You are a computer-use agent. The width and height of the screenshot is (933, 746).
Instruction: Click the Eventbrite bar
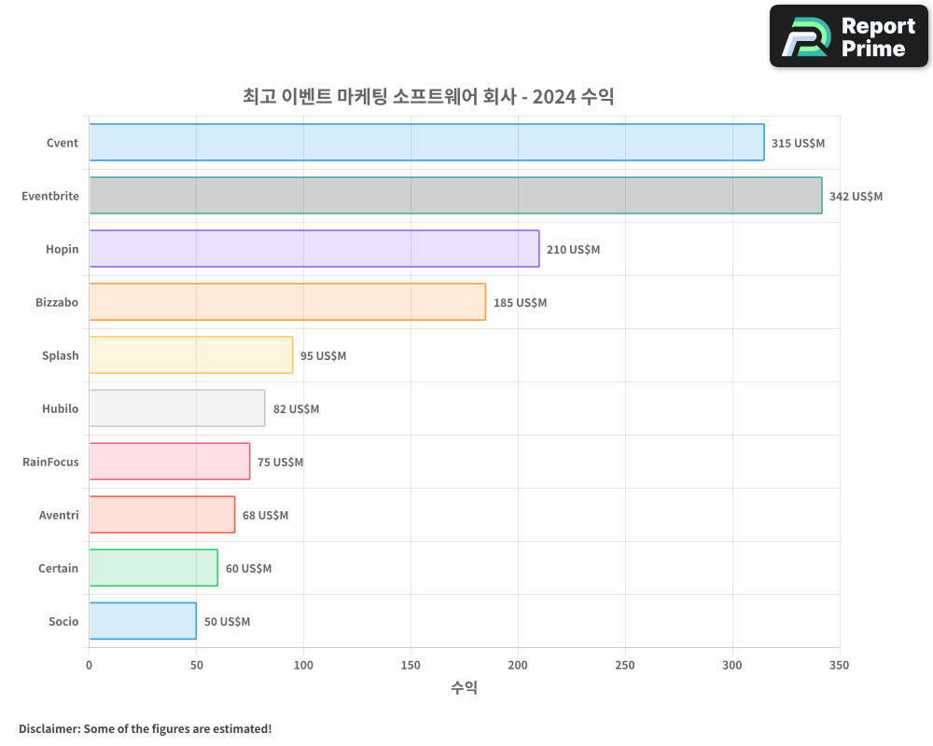(455, 196)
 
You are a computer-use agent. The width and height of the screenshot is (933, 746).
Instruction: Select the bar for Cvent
(426, 143)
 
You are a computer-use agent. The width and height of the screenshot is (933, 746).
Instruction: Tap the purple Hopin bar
(313, 249)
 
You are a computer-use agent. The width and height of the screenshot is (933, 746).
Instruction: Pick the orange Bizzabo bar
(287, 302)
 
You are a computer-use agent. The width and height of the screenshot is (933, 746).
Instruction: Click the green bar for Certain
(153, 568)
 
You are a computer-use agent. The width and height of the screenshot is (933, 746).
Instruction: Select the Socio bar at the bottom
(143, 621)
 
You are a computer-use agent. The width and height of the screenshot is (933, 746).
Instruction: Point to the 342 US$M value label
(856, 197)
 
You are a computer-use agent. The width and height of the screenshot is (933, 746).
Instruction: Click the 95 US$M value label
(323, 356)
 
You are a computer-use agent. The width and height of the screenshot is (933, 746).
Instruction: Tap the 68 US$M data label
(265, 516)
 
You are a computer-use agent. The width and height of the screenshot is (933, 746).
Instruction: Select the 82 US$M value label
(296, 409)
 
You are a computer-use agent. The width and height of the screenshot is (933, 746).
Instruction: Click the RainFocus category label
(50, 462)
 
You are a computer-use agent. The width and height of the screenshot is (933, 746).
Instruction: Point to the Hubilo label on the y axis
(60, 408)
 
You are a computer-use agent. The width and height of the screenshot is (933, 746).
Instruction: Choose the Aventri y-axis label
(59, 515)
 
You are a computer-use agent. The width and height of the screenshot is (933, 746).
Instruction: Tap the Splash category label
(60, 355)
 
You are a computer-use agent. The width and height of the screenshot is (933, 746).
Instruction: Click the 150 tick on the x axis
(411, 665)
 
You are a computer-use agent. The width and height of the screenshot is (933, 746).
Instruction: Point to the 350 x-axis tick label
(840, 665)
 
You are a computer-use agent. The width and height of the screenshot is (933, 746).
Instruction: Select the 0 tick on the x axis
(89, 665)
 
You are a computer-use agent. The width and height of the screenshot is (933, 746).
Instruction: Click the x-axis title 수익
(464, 688)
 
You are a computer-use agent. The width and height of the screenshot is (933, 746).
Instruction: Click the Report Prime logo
(849, 36)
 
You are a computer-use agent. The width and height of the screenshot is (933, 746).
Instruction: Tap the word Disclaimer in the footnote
(48, 728)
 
